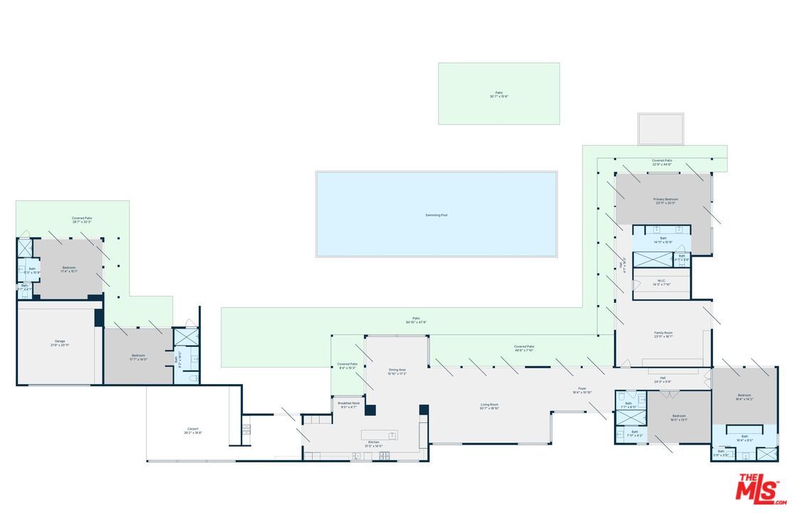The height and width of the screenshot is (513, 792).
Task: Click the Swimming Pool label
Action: (x=436, y=214)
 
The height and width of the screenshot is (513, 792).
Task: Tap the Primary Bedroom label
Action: (x=665, y=199)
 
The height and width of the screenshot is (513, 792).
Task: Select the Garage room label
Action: (x=60, y=341)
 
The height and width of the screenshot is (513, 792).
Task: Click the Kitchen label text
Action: (x=374, y=442)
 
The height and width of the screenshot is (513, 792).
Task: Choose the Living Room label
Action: (x=489, y=405)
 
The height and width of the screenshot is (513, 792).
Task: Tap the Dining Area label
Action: (x=397, y=370)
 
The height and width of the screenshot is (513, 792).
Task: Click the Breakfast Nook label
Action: (x=348, y=403)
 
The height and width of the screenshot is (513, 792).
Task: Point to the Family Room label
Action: (x=664, y=333)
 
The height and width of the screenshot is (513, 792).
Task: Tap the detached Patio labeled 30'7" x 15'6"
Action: (x=499, y=93)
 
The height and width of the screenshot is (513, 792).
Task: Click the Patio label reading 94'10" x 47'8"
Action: (x=416, y=318)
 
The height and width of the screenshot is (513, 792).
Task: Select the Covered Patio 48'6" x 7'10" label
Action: (x=524, y=347)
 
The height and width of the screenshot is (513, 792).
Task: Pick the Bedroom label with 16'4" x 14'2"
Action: (x=744, y=395)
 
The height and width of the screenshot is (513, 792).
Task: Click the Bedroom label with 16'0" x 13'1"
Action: (x=679, y=416)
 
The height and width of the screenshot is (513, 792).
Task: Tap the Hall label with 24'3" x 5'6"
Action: (x=662, y=378)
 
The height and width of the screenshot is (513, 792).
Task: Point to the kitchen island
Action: (x=379, y=435)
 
